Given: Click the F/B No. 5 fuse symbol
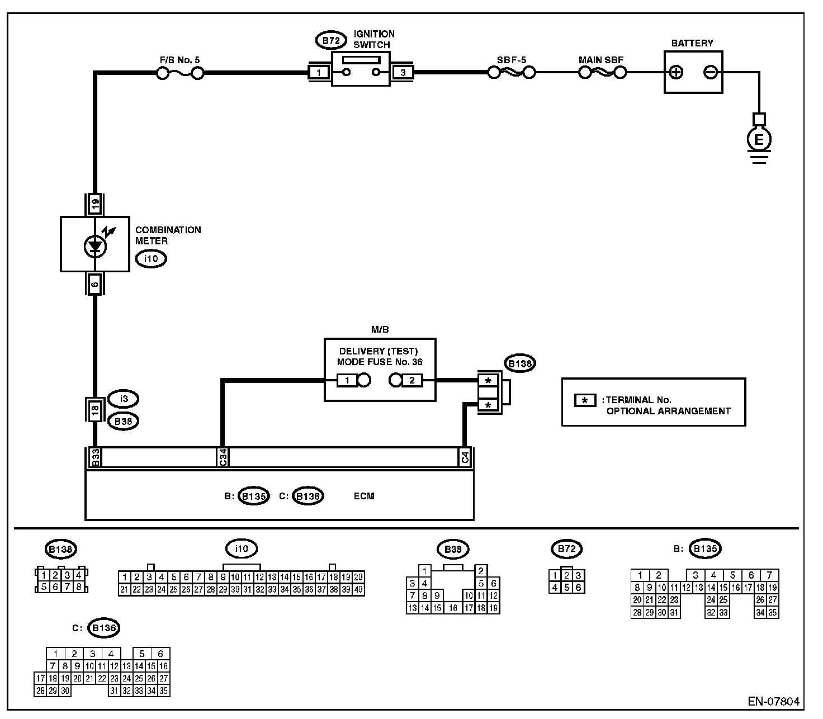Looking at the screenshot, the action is tap(180, 73).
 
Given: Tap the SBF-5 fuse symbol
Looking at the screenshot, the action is tap(511, 72).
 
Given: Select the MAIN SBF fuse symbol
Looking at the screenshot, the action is tap(602, 72).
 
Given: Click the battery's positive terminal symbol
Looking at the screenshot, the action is tap(676, 72).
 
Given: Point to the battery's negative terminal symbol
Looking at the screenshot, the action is tap(711, 72).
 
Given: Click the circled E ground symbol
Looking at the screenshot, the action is tap(759, 140).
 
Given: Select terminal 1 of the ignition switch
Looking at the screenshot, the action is tap(319, 73).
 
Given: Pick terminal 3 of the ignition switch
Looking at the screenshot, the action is tap(403, 73).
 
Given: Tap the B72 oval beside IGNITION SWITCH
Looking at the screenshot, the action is tap(331, 40).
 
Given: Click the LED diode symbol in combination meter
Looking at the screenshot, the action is tap(96, 247).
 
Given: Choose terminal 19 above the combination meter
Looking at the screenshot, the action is tap(95, 204).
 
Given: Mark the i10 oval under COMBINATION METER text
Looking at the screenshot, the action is tap(151, 258).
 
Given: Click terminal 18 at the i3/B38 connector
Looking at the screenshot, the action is tap(95, 410).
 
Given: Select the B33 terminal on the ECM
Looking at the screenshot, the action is tap(96, 457).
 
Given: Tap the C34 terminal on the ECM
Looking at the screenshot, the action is tap(223, 457).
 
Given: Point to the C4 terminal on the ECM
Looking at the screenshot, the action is tap(465, 457).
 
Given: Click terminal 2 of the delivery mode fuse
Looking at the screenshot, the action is tap(412, 380).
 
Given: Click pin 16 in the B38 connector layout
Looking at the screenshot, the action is tap(453, 608).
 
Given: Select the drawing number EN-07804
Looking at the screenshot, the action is tap(774, 702).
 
